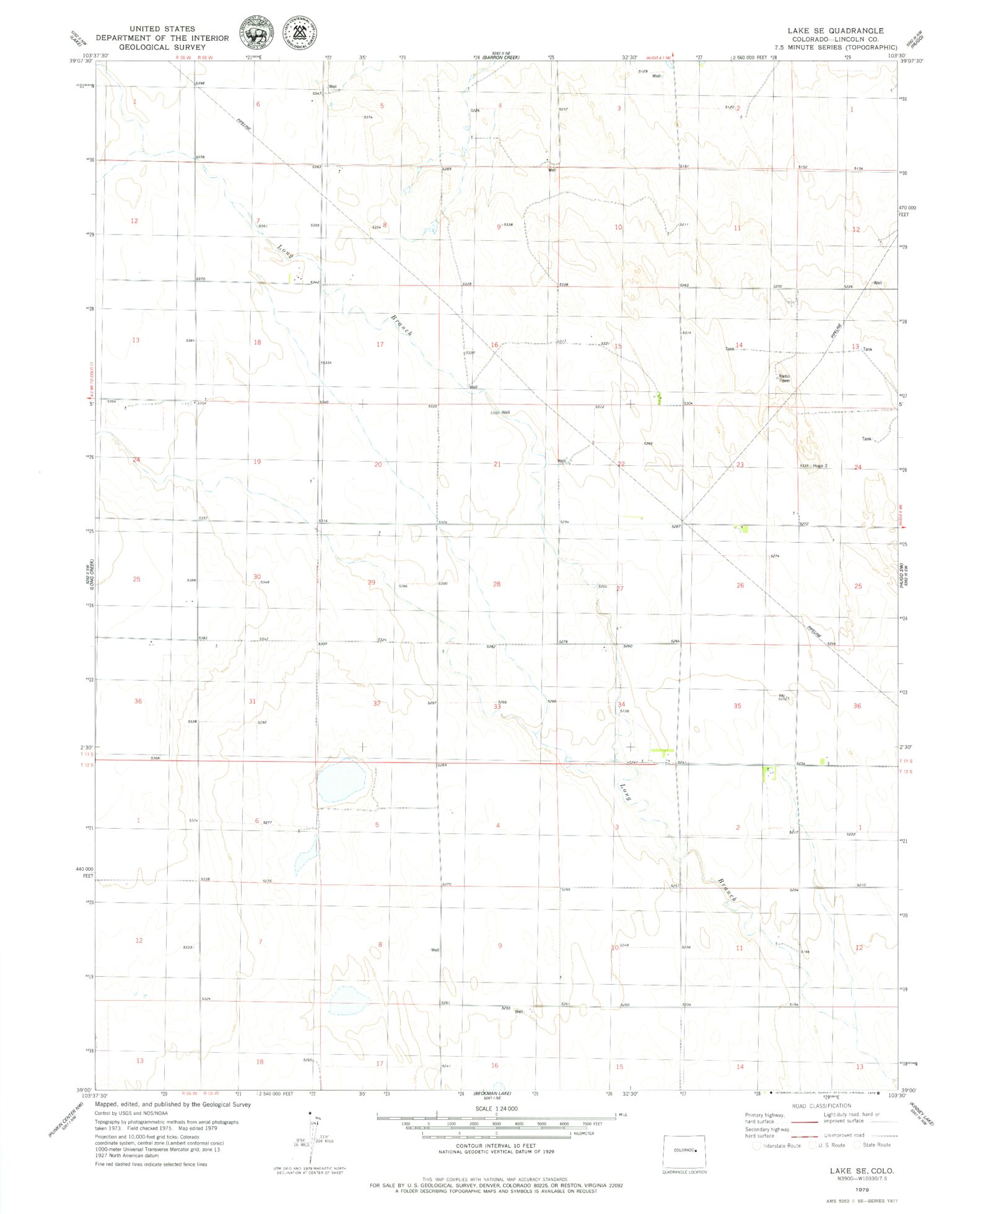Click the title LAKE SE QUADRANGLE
tap(836, 30)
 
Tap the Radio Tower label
tap(784, 378)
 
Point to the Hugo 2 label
tap(820, 466)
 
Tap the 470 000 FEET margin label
tap(907, 211)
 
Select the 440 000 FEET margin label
tap(85, 872)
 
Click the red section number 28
tap(497, 584)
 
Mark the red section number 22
tap(621, 464)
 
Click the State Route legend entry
tap(876, 1145)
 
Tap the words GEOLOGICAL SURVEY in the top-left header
tap(162, 47)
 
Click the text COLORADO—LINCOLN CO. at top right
tap(836, 39)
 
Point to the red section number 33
tap(497, 706)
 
